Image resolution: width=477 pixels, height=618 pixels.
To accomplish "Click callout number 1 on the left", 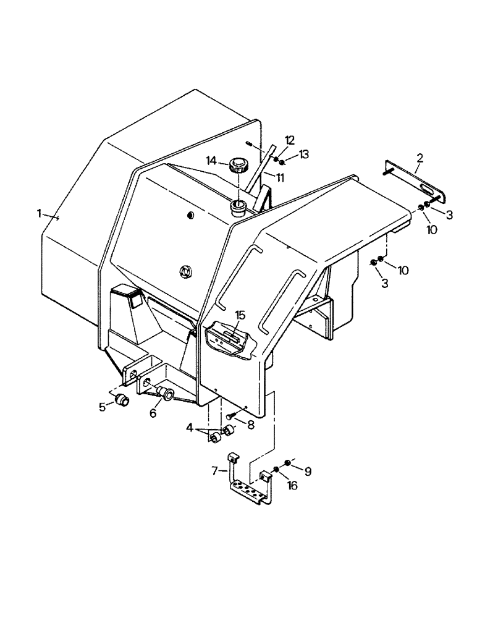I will [x=39, y=213].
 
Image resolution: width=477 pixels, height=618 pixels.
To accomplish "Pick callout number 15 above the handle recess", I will [x=240, y=315].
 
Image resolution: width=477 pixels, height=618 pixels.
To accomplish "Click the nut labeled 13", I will [x=281, y=162].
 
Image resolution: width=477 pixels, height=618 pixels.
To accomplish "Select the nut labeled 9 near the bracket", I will [x=287, y=463].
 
